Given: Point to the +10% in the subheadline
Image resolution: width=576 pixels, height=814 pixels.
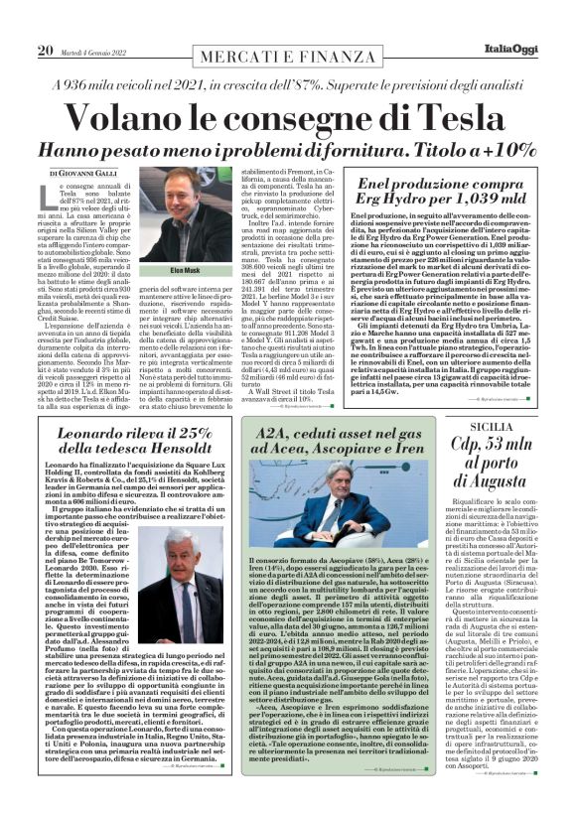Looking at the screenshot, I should [477, 152].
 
